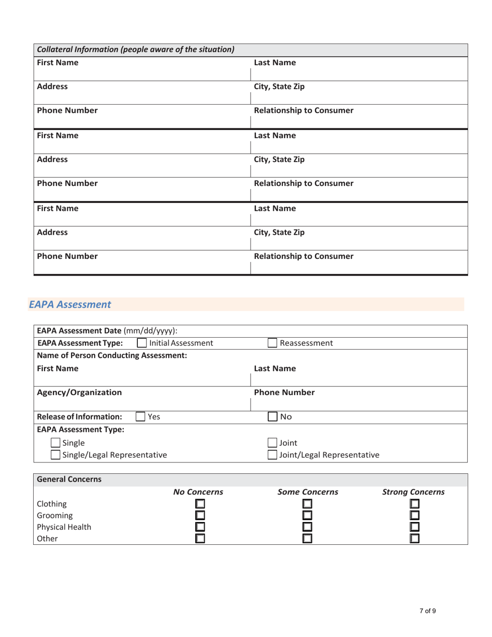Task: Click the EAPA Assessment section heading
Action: pos(70,305)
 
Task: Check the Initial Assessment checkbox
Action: pos(142,343)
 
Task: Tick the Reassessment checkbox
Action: pos(272,343)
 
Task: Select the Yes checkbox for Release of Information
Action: pos(140,416)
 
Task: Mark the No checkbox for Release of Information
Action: pos(272,416)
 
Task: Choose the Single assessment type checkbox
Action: pos(55,443)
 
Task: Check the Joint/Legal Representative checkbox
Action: pos(272,455)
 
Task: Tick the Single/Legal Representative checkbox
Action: pos(55,455)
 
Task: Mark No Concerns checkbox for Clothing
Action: pos(200,504)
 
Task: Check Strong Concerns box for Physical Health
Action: pos(415,527)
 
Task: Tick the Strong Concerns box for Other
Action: pos(415,539)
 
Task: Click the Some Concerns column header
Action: pos(308,491)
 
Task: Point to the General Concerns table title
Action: pos(69,480)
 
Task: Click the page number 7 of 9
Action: pos(427,611)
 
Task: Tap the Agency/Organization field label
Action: pos(79,393)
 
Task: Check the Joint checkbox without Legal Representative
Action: pos(272,443)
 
